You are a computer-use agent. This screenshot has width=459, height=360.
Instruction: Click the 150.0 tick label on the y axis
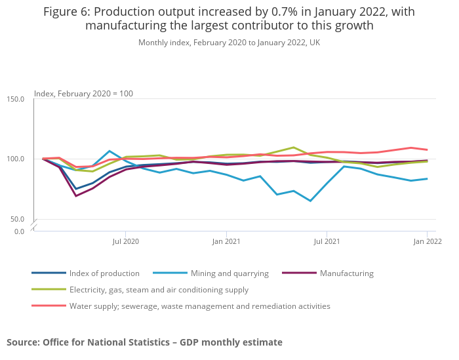tap(15, 99)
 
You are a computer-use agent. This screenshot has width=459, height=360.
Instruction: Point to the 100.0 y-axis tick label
tap(15, 159)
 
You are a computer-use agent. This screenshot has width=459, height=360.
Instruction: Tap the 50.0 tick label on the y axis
tap(17, 219)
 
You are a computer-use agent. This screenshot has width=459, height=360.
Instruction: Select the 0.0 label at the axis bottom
tap(19, 231)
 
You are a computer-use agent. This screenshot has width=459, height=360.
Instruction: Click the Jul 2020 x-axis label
tap(126, 241)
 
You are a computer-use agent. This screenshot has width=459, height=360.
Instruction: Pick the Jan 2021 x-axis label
tap(226, 241)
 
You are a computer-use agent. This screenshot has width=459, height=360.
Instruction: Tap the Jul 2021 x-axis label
tap(327, 241)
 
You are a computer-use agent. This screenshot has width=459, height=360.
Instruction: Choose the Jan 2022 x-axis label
tap(427, 241)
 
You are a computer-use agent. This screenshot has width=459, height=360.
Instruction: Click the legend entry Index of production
tap(104, 273)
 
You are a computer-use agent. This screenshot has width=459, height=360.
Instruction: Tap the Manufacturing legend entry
tap(346, 273)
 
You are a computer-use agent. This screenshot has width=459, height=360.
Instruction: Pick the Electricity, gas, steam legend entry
tap(159, 289)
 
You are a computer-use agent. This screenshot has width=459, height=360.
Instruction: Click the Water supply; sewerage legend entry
tap(199, 306)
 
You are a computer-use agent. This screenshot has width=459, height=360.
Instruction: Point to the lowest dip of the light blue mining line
tap(309, 201)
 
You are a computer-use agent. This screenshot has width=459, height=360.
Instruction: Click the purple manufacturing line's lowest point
tap(76, 195)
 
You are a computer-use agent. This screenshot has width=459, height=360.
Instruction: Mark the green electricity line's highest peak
tap(293, 148)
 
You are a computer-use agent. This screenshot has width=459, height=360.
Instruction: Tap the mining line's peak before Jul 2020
tap(110, 151)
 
